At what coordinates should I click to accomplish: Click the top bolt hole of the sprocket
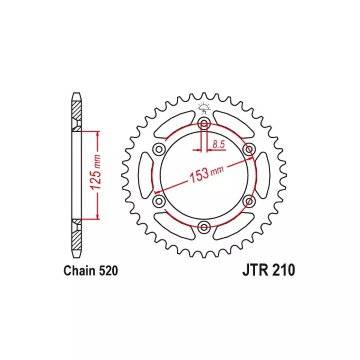204,123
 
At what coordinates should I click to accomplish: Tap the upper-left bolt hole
159,149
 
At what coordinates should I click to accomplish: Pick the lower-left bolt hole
159,201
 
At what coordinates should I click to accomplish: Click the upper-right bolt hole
249,149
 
